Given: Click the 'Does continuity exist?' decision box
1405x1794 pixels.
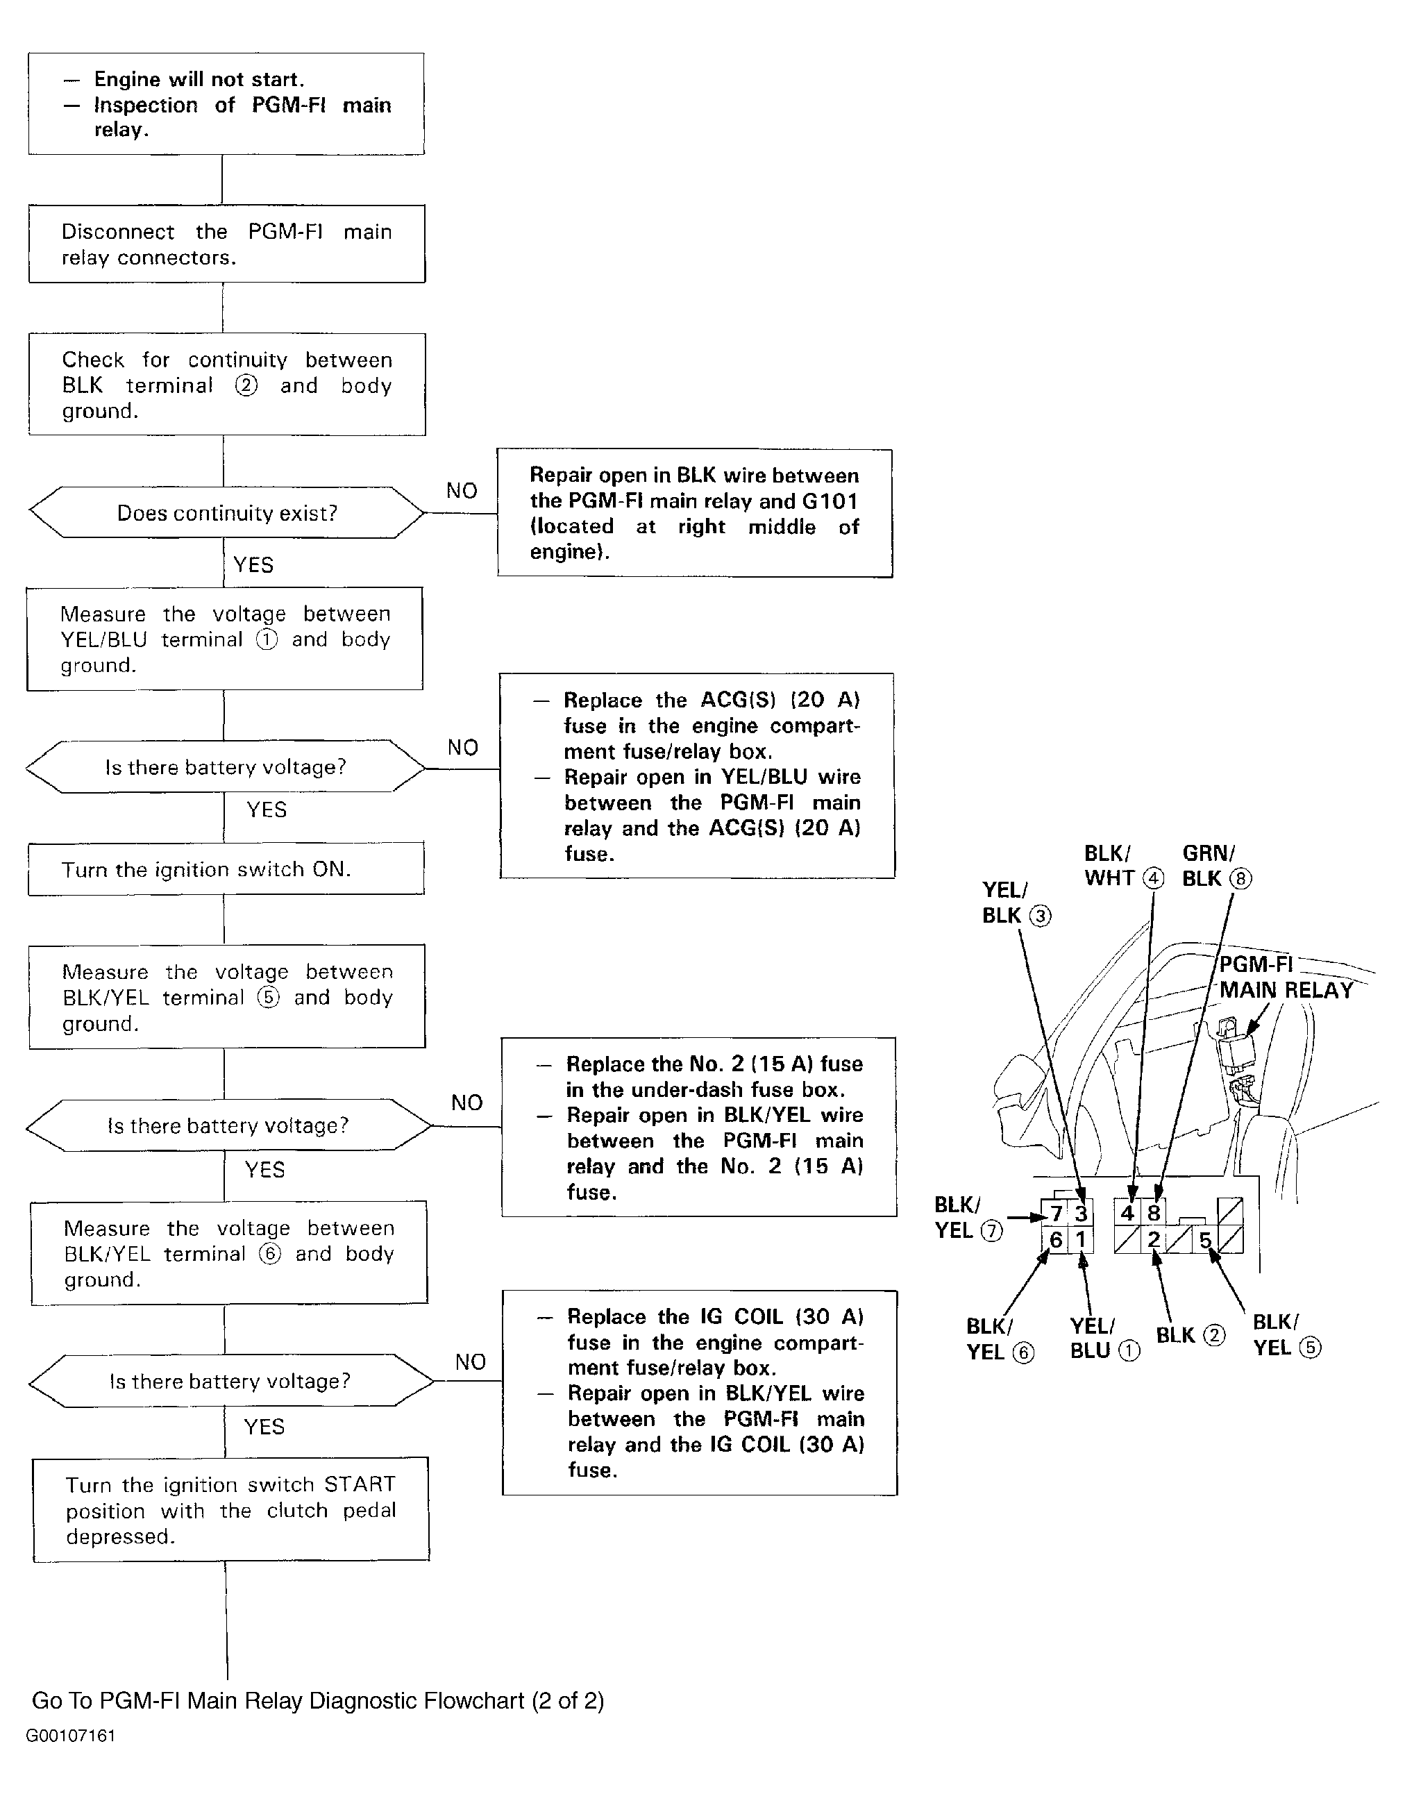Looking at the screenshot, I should pyautogui.click(x=226, y=513).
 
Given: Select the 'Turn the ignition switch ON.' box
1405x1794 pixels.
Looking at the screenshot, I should pyautogui.click(x=226, y=869).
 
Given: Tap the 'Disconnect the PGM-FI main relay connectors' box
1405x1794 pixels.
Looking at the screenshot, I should pyautogui.click(x=226, y=244).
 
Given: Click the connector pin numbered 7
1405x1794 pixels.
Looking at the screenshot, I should pyautogui.click(x=1057, y=1214).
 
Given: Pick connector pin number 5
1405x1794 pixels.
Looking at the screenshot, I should pyautogui.click(x=1204, y=1241).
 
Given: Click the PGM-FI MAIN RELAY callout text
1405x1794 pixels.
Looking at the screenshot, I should pyautogui.click(x=1285, y=978).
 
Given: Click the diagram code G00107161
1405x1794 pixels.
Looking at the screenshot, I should pyautogui.click(x=71, y=1736).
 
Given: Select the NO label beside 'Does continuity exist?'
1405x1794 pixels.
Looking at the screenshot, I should pyautogui.click(x=462, y=491).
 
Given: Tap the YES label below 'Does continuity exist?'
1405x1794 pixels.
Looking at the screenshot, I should pyautogui.click(x=253, y=565).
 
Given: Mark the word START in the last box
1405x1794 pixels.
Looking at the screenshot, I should pyautogui.click(x=360, y=1485).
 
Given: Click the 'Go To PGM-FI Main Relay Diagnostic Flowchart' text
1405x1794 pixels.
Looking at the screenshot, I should pyautogui.click(x=317, y=1700).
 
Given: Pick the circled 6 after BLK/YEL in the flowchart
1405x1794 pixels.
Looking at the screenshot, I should pyautogui.click(x=270, y=1254).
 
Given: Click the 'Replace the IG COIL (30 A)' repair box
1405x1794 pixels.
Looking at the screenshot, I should pyautogui.click(x=699, y=1393).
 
